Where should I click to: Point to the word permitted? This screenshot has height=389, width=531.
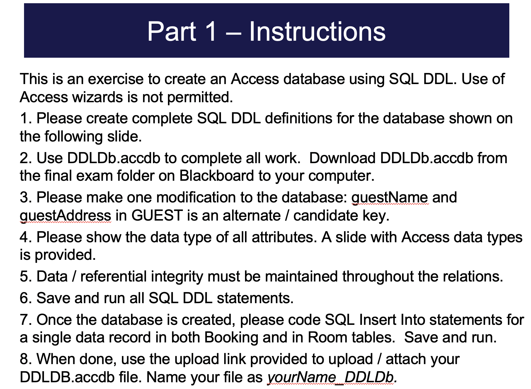click(200, 97)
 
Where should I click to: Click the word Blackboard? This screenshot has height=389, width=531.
click(217, 176)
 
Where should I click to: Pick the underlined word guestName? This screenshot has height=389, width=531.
click(390, 197)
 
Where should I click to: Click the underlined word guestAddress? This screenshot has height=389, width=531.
click(65, 216)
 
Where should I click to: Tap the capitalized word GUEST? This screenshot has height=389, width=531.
click(157, 216)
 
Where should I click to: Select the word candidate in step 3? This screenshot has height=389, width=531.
click(326, 216)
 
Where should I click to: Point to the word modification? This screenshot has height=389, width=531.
click(196, 197)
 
